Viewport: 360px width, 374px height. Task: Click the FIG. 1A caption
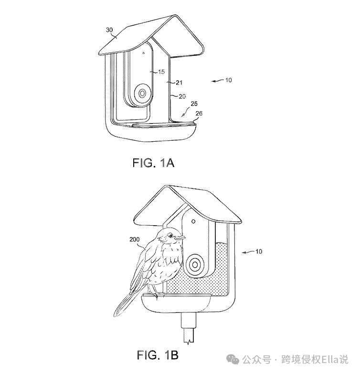[x=153, y=163]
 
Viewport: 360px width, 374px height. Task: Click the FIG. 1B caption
[x=158, y=355]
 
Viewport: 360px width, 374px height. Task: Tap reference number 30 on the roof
[x=109, y=30]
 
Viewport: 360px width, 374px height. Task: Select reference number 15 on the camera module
[x=161, y=72]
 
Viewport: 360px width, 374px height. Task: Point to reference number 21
[x=172, y=83]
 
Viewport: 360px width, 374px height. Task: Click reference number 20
[x=182, y=96]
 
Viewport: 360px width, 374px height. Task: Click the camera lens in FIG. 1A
[x=142, y=93]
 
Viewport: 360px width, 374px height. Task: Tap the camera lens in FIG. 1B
[x=195, y=264]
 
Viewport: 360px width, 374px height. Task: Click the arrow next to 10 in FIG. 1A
[x=217, y=82]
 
